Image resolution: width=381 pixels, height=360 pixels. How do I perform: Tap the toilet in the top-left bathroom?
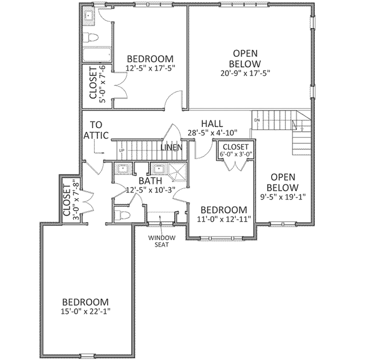91,37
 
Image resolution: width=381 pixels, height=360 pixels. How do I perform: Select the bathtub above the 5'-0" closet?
96,55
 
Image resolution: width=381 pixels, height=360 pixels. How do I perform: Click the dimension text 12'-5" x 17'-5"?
150,68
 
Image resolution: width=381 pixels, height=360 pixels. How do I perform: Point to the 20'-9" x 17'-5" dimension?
245,72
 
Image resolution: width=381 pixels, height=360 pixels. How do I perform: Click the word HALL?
211,123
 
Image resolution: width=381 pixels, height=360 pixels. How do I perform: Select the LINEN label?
171,147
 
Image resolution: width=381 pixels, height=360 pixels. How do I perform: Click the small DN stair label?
256,119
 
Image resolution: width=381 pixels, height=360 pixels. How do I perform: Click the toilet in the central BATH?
121,213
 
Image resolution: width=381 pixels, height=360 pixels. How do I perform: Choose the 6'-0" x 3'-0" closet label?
236,150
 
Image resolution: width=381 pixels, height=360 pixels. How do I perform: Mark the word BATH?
149,181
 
